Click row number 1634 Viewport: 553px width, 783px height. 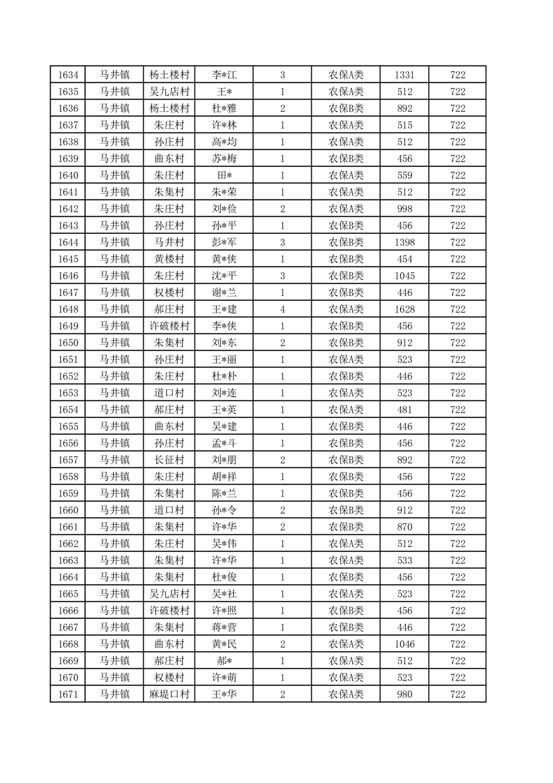[68, 75]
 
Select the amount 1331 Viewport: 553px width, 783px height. [404, 75]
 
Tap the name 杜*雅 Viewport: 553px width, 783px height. [225, 108]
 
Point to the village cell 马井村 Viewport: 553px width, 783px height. [169, 242]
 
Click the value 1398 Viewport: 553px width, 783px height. [404, 242]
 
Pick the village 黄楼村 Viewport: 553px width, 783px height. [169, 259]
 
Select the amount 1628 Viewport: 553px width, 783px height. [404, 309]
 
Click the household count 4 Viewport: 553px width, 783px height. [282, 309]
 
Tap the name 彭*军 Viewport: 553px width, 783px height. [225, 242]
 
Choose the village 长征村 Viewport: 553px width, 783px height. [169, 460]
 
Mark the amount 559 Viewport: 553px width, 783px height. [404, 175]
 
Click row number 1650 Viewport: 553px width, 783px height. [68, 343]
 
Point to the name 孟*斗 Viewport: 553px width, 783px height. [225, 443]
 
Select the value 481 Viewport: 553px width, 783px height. [404, 410]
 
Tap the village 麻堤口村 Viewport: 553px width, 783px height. [169, 694]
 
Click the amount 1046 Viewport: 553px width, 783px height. [404, 644]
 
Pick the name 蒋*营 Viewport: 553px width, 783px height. [225, 627]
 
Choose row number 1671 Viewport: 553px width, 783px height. [68, 694]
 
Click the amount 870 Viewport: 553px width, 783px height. [404, 527]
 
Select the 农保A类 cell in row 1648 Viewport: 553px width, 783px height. [346, 309]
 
